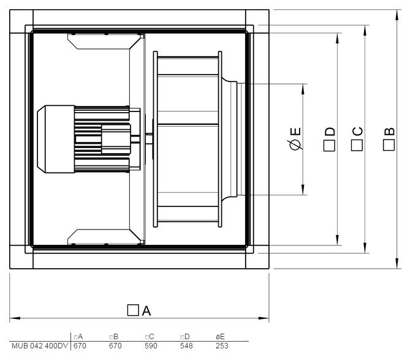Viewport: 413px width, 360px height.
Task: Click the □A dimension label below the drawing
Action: [139, 310]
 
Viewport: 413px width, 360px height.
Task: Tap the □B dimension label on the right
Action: [389, 139]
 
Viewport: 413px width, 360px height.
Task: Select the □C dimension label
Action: [357, 139]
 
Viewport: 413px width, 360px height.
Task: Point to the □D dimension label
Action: [329, 139]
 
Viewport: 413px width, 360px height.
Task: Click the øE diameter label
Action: [295, 138]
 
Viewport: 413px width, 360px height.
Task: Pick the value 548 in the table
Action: [186, 346]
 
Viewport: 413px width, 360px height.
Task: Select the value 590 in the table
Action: [151, 346]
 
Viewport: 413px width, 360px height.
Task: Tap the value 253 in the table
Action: [222, 346]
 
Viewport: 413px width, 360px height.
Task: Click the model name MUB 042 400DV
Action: [40, 346]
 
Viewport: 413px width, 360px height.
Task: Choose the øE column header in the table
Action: [220, 337]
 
